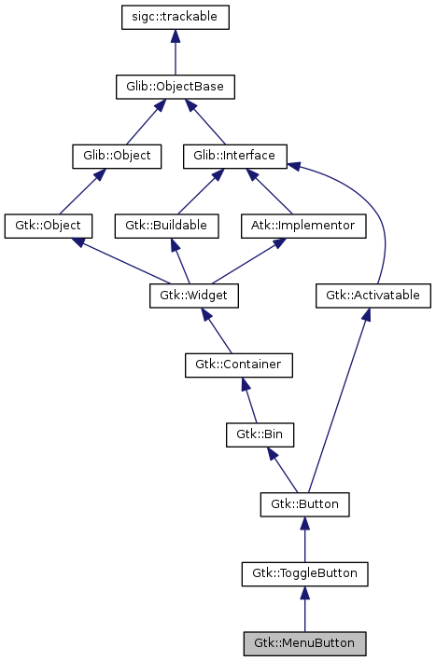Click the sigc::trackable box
point(176,17)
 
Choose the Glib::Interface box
point(234,156)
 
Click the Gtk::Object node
point(49,226)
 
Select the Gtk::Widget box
point(194,296)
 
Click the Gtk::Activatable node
point(373,296)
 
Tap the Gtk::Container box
point(238,365)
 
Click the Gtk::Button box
point(304,504)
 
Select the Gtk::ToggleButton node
point(304,573)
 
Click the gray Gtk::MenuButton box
point(304,643)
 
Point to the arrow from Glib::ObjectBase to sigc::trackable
point(176,52)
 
